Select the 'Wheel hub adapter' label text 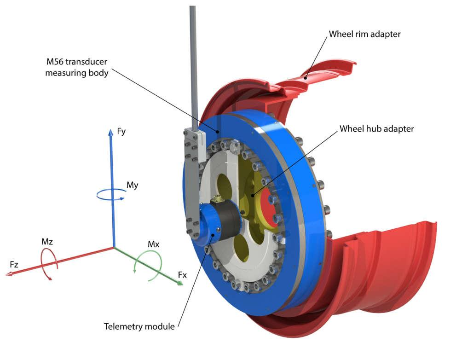coord(376,129)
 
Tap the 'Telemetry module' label coord(139,327)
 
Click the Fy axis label coord(121,132)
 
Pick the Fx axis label coord(183,275)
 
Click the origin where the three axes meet coord(114,247)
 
